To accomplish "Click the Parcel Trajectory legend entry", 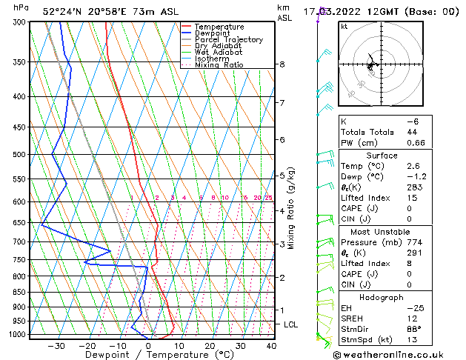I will [228, 39].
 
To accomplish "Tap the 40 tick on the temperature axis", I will [271, 345].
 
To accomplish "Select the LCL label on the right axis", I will [291, 324].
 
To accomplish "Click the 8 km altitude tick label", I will [282, 64].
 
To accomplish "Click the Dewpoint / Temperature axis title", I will [150, 355].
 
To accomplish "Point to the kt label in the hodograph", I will [344, 27].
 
